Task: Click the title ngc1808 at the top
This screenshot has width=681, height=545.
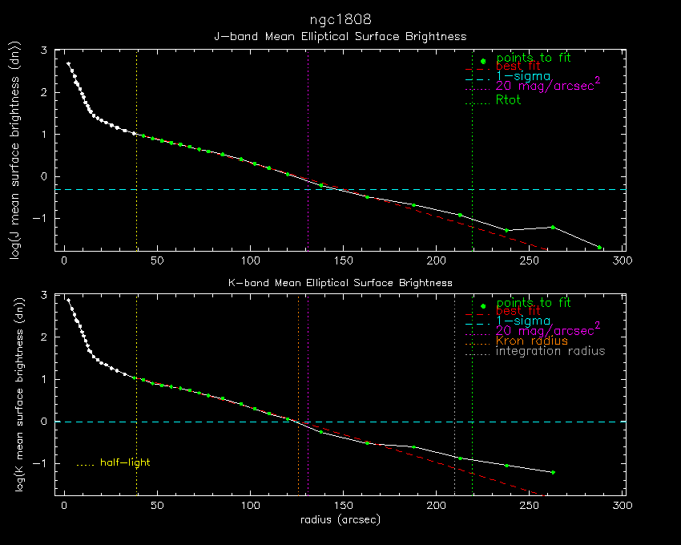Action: pos(340,18)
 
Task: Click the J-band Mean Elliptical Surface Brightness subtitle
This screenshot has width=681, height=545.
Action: pos(340,36)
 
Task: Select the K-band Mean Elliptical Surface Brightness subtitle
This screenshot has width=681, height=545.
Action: pos(340,283)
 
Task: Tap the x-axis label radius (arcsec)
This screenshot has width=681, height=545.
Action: pos(340,519)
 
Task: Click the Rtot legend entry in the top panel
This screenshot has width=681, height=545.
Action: pos(509,99)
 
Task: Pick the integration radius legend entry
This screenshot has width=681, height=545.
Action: pos(550,351)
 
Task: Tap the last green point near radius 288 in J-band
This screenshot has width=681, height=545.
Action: pos(599,247)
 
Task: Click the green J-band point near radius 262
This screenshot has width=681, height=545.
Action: pos(553,227)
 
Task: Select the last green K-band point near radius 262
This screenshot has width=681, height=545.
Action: pos(553,472)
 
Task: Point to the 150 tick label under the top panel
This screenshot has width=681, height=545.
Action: pos(343,260)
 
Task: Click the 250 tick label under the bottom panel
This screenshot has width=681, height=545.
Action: pos(530,506)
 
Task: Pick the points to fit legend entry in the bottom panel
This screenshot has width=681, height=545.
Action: pos(534,303)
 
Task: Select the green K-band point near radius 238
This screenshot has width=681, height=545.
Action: pos(506,465)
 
